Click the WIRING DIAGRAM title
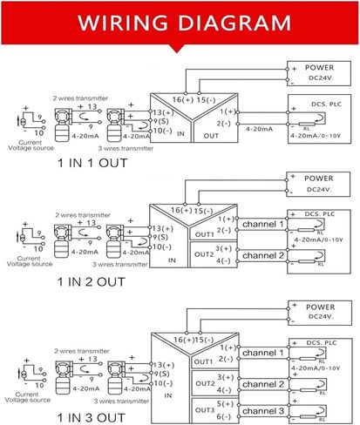coord(180,20)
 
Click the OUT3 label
coord(204,409)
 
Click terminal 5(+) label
coord(226,404)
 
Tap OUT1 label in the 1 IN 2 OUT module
coord(204,233)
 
